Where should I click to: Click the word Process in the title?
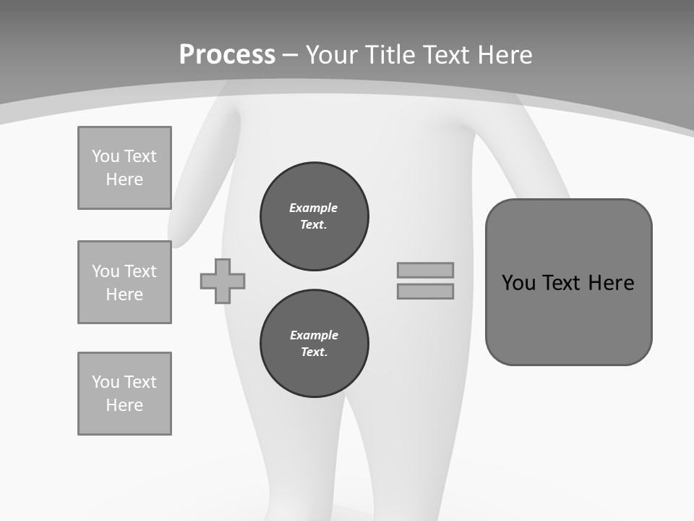[x=227, y=55]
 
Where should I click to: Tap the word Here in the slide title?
[x=505, y=55]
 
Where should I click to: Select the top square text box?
[x=124, y=168]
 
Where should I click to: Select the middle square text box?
[x=124, y=282]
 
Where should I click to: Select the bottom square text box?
[x=124, y=394]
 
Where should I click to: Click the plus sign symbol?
[x=223, y=281]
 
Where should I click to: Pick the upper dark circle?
[x=314, y=216]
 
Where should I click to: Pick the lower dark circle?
[x=314, y=344]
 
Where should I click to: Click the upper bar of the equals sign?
[x=425, y=270]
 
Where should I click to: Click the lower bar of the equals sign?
[x=425, y=291]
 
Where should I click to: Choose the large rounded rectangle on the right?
[x=568, y=318]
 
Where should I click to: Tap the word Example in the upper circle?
[x=313, y=208]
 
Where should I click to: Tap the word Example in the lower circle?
[x=314, y=335]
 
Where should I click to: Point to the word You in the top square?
[x=105, y=156]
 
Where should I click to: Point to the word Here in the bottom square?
[x=124, y=405]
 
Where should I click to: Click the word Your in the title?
[x=331, y=55]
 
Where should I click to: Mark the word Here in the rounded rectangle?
[x=611, y=283]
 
